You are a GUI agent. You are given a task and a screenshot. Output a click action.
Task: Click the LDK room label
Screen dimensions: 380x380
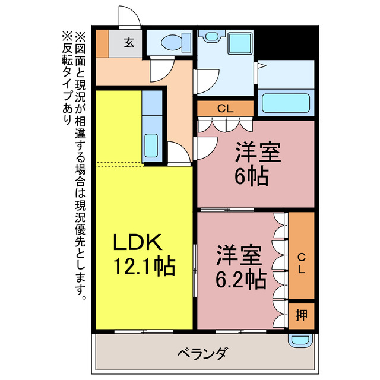[x=137, y=242]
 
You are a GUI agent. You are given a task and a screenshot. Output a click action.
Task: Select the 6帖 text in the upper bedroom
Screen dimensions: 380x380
[x=251, y=176]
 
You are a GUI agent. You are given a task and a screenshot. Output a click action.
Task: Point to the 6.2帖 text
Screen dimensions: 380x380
[x=240, y=277]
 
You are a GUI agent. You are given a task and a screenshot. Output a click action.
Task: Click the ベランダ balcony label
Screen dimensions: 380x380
[x=202, y=354]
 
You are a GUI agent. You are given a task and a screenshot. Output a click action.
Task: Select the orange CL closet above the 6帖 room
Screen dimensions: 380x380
[x=225, y=109]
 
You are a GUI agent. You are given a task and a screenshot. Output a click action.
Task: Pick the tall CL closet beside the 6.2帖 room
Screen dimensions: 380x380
[x=301, y=255]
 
